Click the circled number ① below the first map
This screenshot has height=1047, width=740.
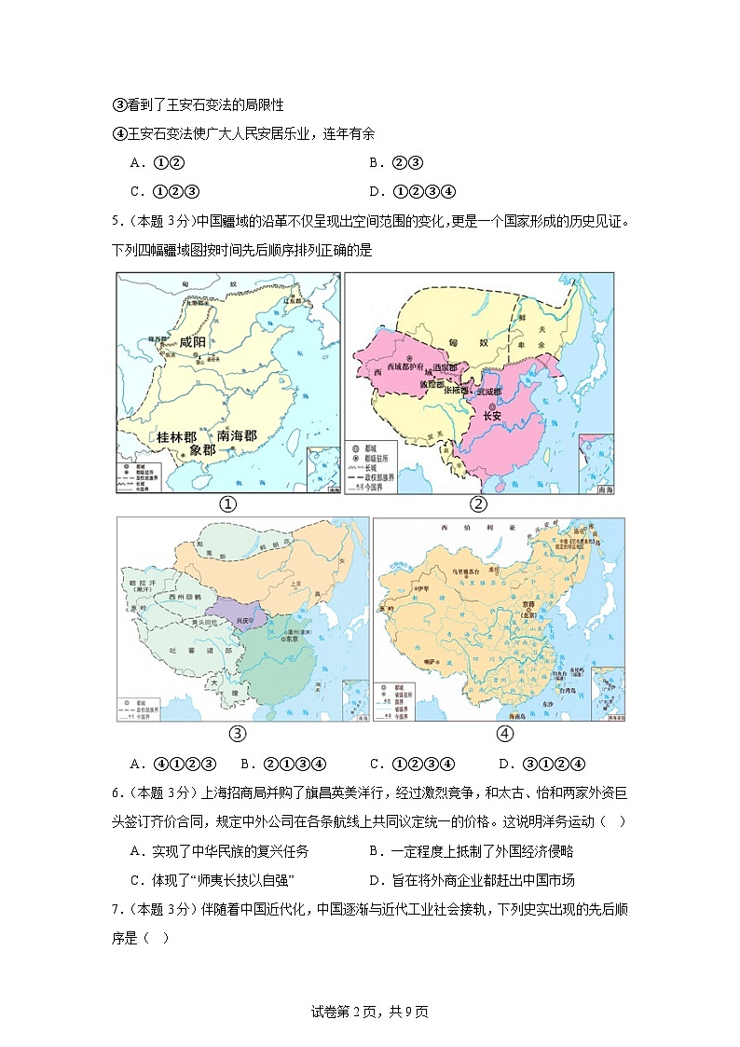[226, 504]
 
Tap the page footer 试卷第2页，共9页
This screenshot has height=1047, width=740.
[369, 1012]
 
